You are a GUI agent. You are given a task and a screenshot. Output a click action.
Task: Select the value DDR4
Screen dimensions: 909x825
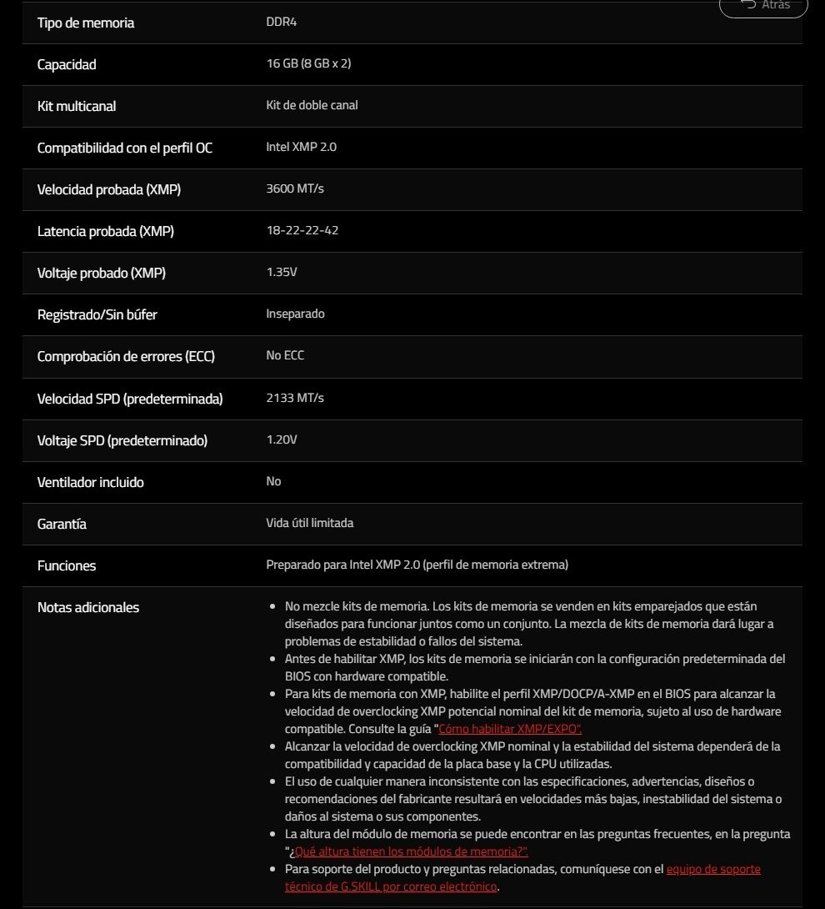[281, 22]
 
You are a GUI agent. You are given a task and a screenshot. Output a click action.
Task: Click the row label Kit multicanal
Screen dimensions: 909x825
[77, 106]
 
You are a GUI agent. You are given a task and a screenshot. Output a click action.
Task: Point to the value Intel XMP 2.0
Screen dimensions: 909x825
[301, 147]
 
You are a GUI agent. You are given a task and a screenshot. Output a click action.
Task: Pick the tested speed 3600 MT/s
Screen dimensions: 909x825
[295, 188]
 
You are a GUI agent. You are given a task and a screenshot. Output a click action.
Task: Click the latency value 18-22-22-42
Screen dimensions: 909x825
[302, 230]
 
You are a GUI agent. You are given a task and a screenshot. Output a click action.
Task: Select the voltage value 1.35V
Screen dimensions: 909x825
[282, 272]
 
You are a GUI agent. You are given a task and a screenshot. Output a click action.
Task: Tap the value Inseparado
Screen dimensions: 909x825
[295, 314]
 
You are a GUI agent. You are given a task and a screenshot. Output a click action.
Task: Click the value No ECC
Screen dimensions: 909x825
[285, 355]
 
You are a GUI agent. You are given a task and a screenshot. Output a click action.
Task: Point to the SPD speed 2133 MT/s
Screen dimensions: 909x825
[295, 398]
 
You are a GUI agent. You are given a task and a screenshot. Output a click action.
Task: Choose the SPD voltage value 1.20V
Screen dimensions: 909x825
[282, 439]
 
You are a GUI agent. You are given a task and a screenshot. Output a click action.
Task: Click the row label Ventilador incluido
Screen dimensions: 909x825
[90, 482]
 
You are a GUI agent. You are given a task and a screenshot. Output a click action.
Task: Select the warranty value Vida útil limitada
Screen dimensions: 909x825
[309, 523]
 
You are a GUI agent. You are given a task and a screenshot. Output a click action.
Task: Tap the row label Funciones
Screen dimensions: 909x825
[67, 565]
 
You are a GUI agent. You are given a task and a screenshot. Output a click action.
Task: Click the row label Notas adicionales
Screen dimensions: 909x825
[88, 607]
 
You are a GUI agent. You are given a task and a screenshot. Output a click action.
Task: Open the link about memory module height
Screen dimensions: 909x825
[409, 851]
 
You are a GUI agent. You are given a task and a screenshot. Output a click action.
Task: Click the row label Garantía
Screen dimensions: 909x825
[62, 524]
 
